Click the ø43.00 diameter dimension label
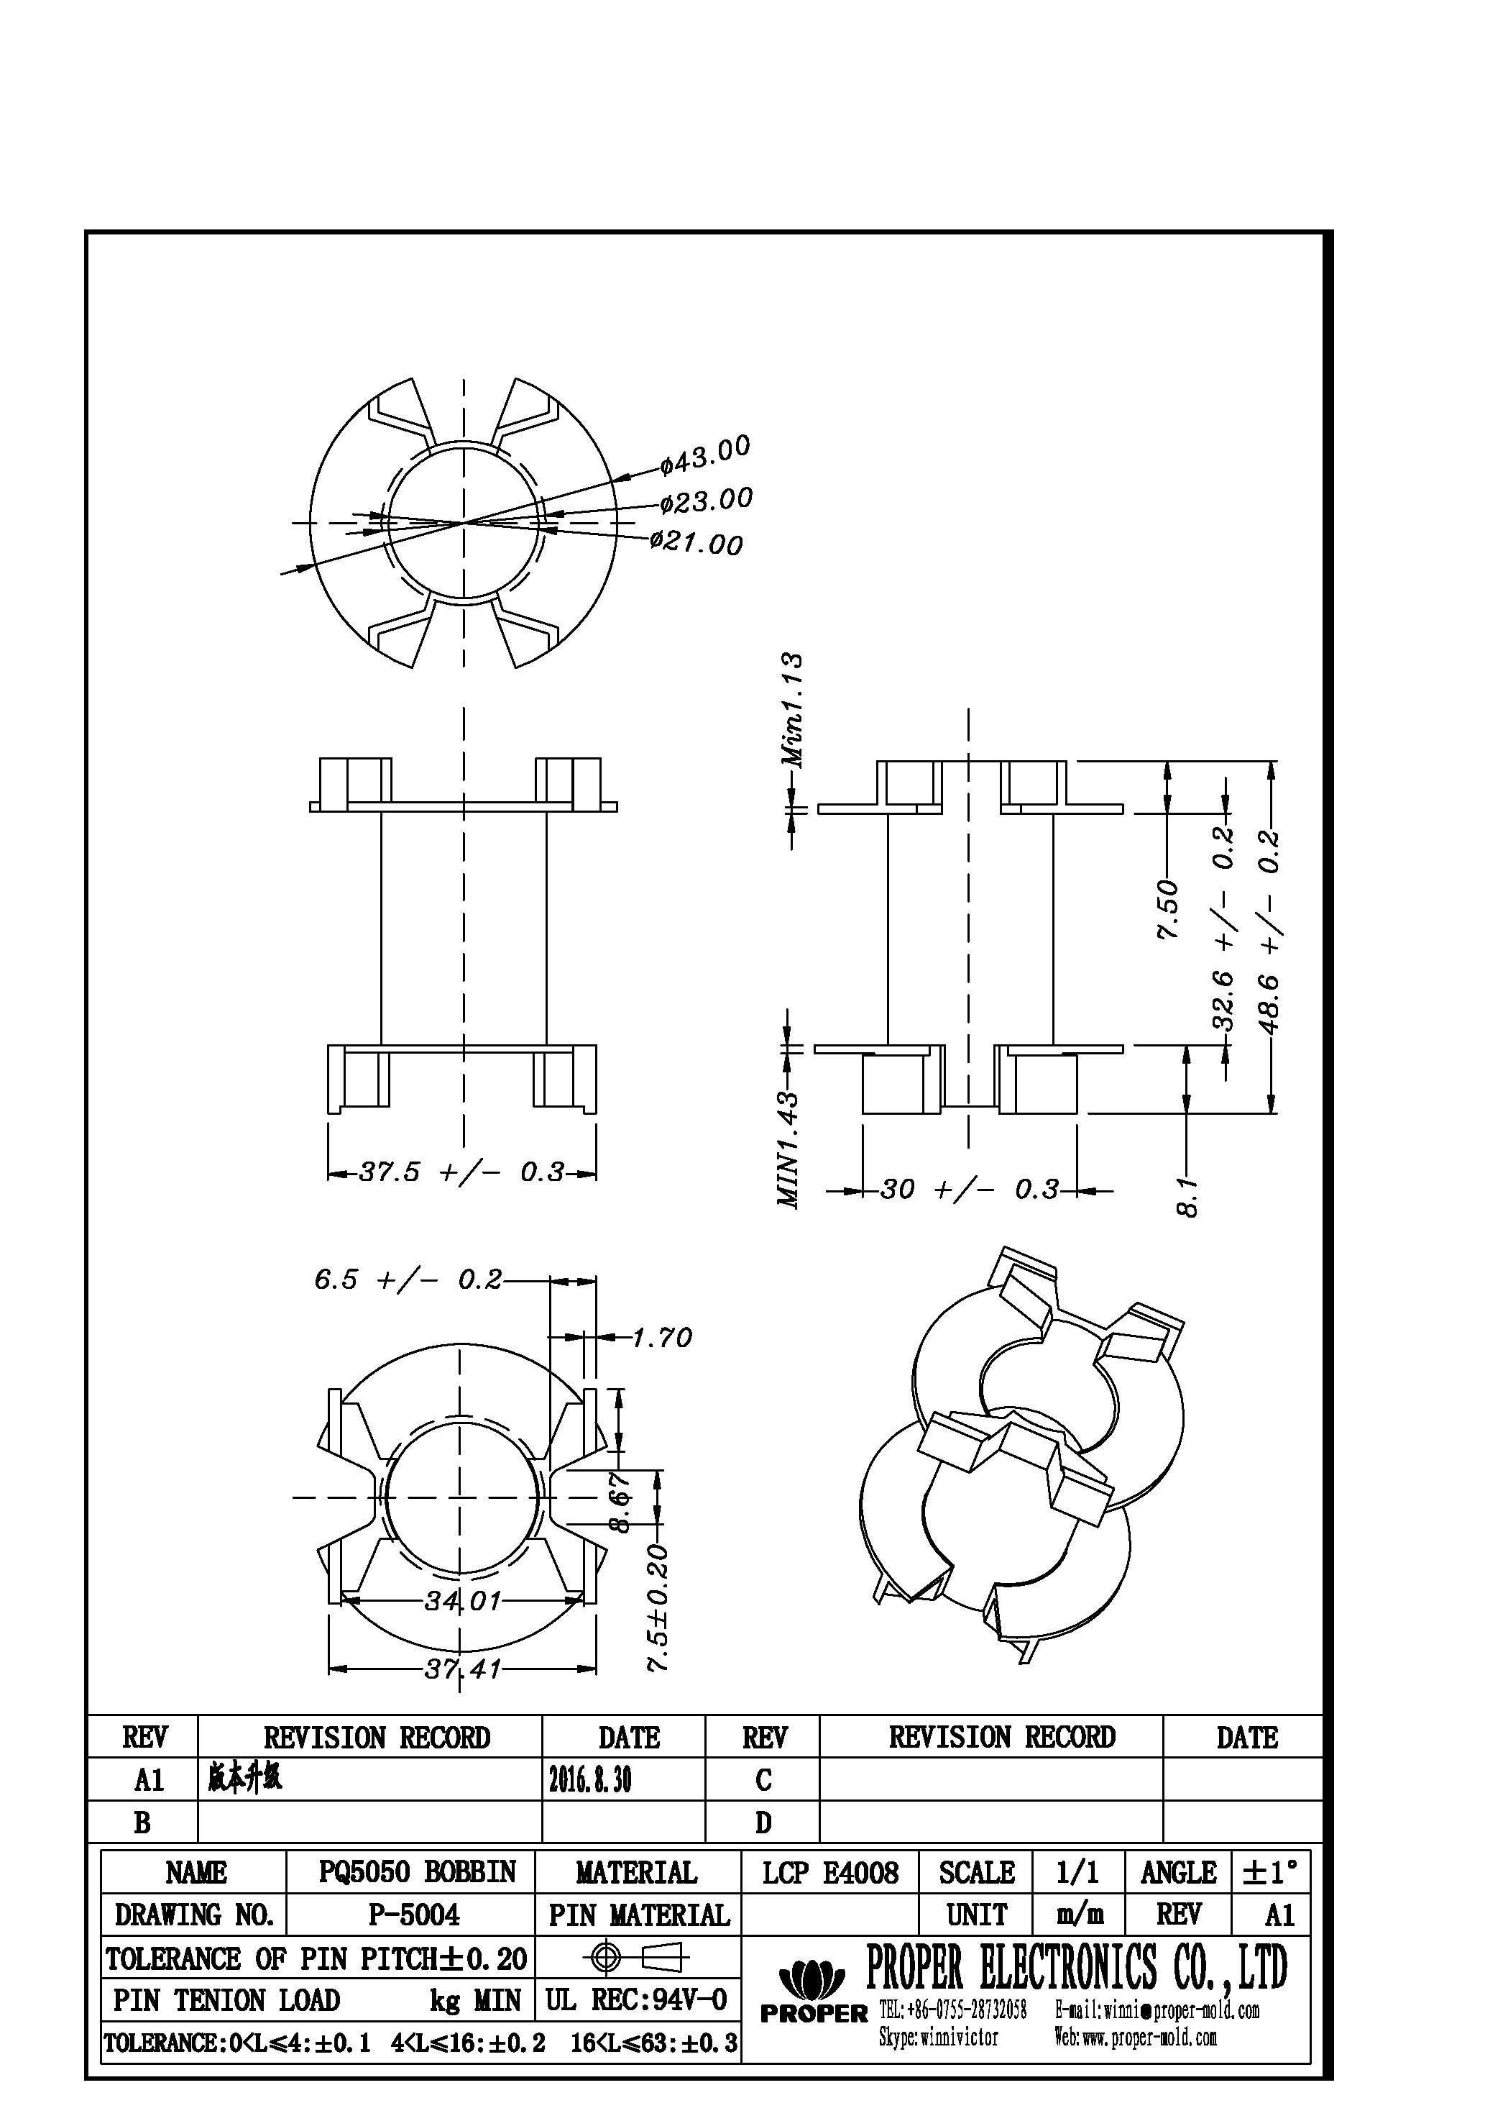coord(706,455)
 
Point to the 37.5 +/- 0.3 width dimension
coord(461,1172)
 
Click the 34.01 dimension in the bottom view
coord(462,1600)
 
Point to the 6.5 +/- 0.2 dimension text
coord(408,1279)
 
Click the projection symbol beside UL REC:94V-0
coord(638,1958)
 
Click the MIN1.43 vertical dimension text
coord(789,1149)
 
